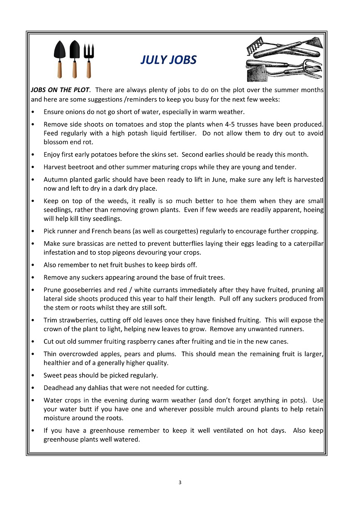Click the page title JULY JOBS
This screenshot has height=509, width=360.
pyautogui.click(x=168, y=60)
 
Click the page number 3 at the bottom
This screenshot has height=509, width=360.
pyautogui.click(x=180, y=482)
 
